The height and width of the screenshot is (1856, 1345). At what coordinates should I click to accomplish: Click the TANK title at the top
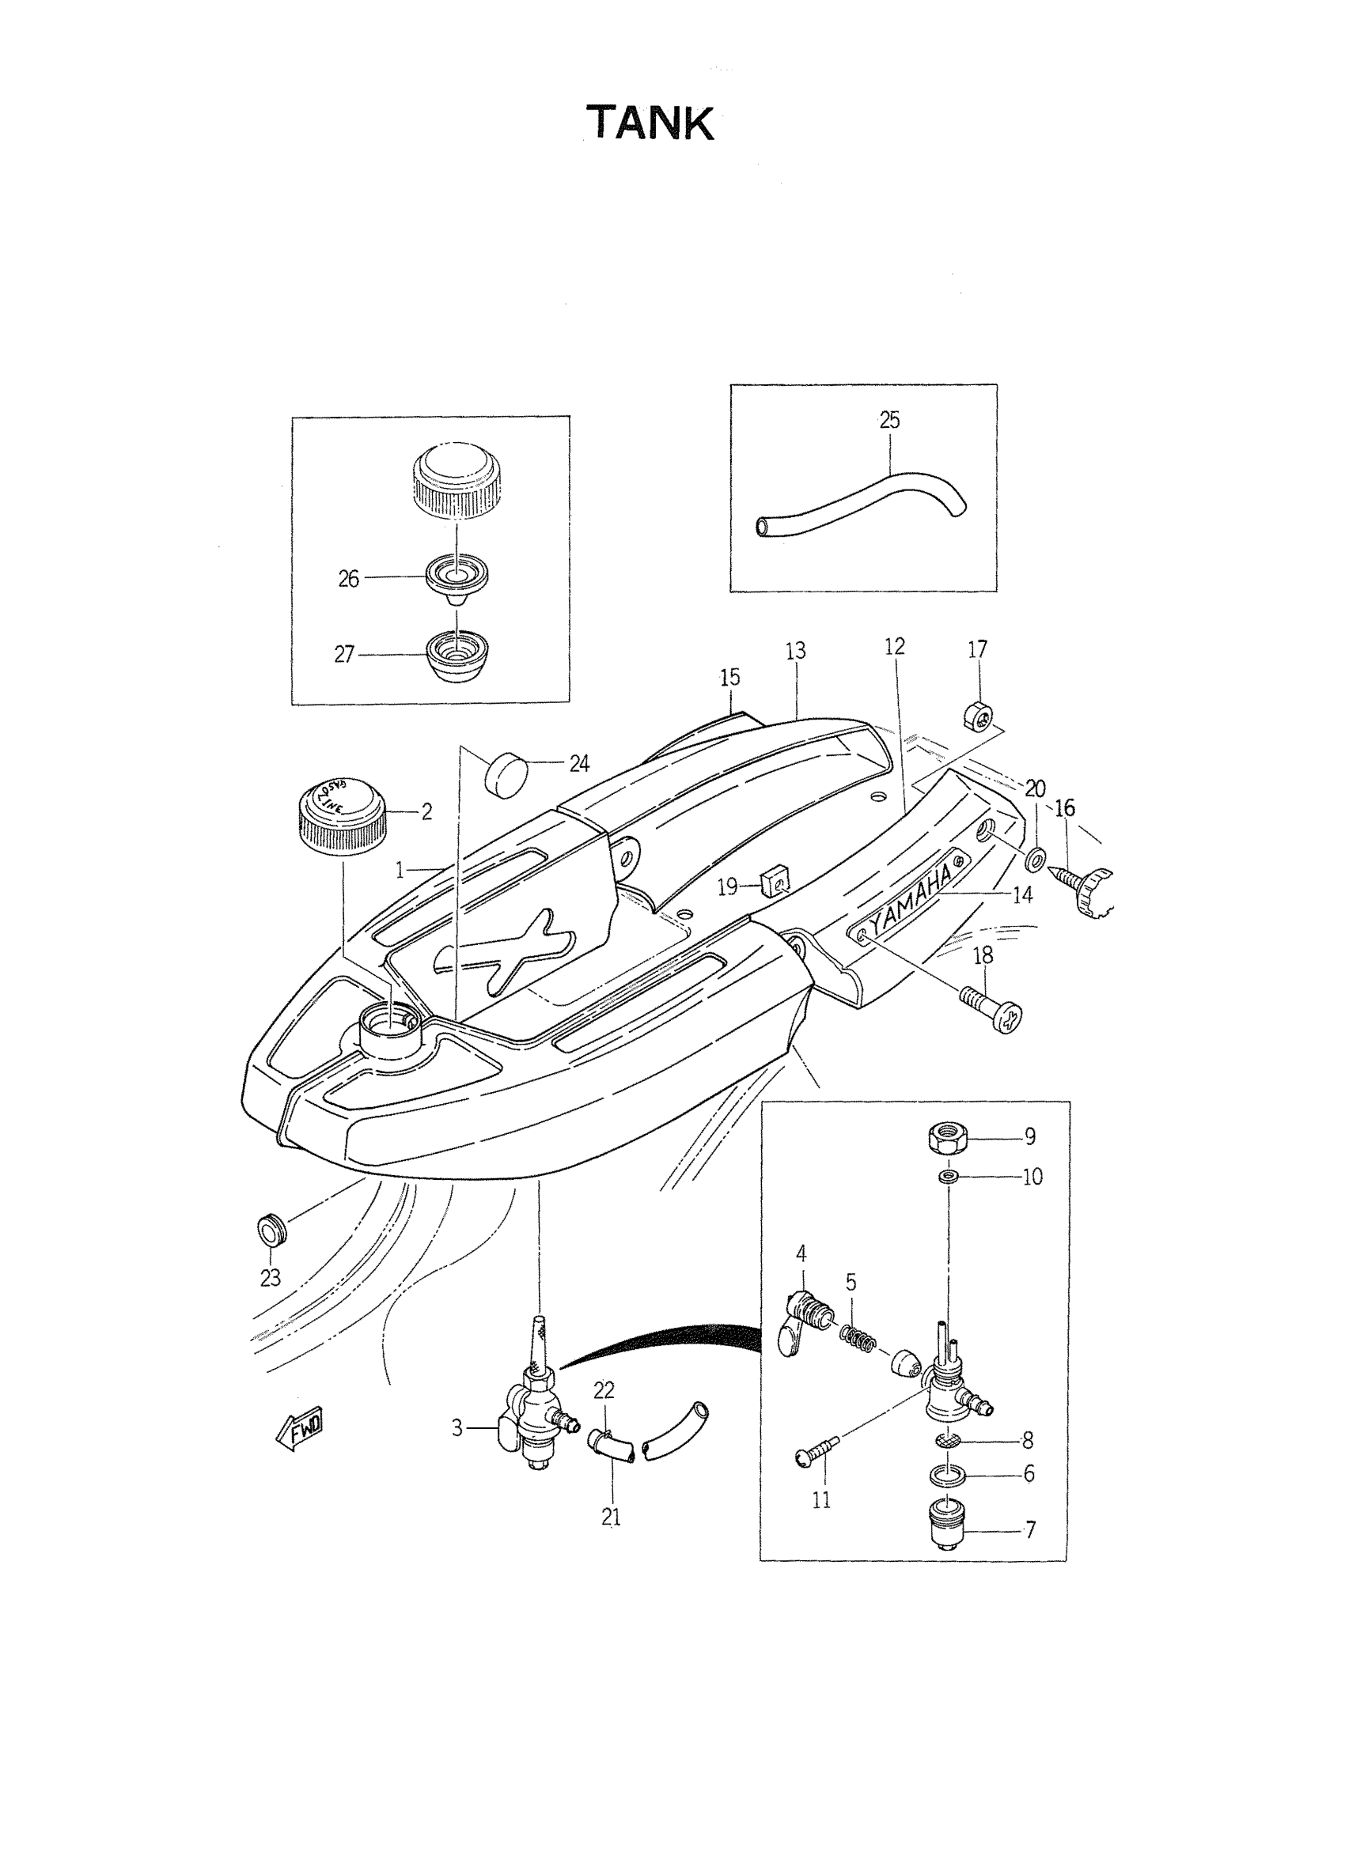coord(650,123)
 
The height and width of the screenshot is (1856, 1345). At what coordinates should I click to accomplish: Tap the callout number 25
coord(889,421)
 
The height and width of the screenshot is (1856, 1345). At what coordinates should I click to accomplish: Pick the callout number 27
coord(345,655)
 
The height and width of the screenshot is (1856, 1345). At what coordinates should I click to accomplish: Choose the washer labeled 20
coord(1036,860)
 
